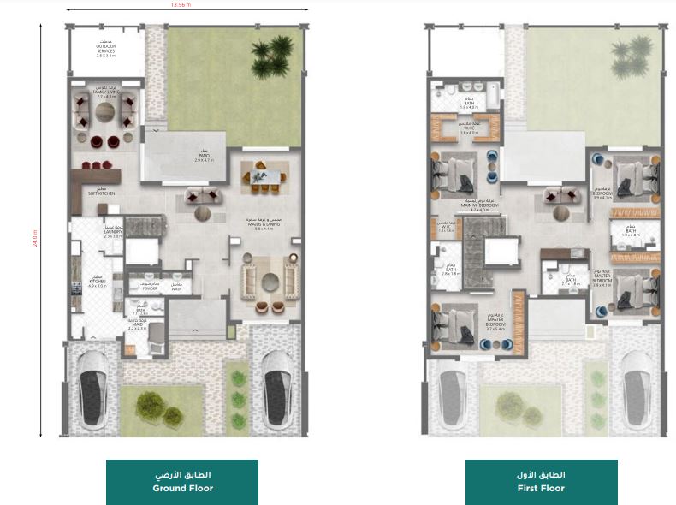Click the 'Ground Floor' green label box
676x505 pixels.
coord(182,482)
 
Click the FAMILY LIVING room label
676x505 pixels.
coord(106,93)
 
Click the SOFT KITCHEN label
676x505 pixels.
coord(101,193)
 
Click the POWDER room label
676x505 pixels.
coord(151,288)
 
